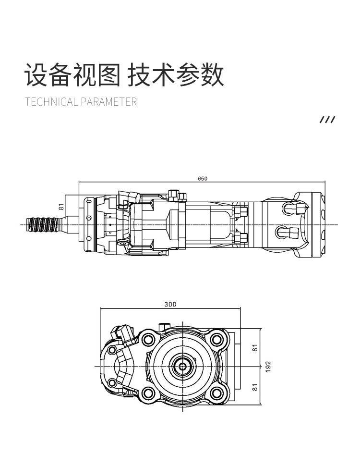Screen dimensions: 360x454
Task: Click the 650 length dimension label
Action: click(x=202, y=178)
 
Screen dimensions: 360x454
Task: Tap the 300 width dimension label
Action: click(x=170, y=304)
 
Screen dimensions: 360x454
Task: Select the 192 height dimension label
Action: click(x=268, y=367)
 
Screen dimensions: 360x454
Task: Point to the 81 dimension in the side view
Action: click(x=61, y=207)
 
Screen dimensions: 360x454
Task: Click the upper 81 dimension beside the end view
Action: click(x=255, y=348)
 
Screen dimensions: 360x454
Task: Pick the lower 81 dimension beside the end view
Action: click(x=255, y=387)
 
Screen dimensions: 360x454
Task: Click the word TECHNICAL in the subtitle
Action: click(x=51, y=102)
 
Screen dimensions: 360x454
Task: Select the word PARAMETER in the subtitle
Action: click(x=109, y=102)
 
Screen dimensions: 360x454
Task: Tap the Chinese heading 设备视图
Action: click(x=72, y=74)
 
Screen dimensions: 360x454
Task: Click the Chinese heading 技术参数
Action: click(x=176, y=74)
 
